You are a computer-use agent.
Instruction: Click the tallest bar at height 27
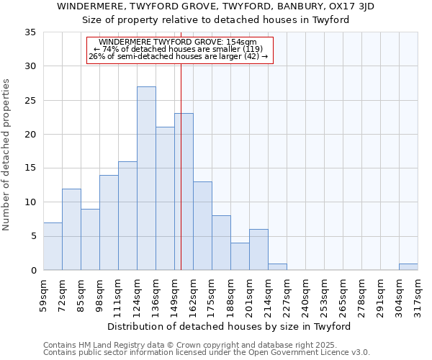[x=146, y=179]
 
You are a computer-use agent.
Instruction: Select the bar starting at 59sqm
[x=53, y=246]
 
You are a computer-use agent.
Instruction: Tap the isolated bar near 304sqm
[x=408, y=266]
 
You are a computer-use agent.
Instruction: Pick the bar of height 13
[x=202, y=226]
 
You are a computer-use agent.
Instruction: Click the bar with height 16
[x=127, y=216]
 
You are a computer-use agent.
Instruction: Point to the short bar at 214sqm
[x=277, y=266]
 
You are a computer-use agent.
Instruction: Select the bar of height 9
[x=90, y=240]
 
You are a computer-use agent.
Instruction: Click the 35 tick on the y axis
[x=30, y=32]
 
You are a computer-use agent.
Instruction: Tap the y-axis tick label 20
[x=30, y=135]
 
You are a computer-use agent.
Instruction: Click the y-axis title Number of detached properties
[x=7, y=156]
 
